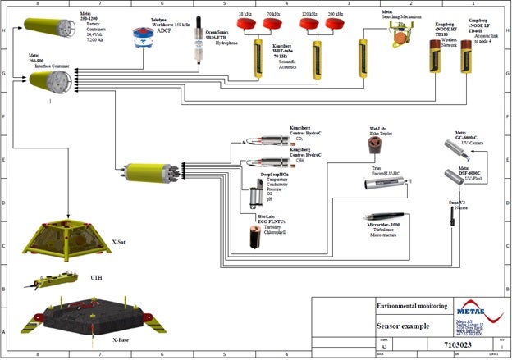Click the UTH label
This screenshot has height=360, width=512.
(x=97, y=278)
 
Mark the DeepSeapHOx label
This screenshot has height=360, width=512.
(x=275, y=175)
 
